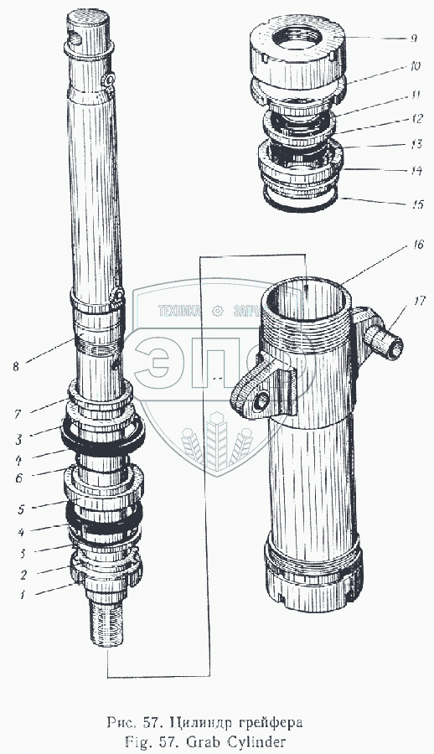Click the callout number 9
pyautogui.click(x=414, y=39)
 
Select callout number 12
pyautogui.click(x=416, y=118)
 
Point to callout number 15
pyautogui.click(x=417, y=204)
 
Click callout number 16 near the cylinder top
pyautogui.click(x=417, y=245)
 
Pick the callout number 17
pyautogui.click(x=419, y=302)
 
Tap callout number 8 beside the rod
pyautogui.click(x=16, y=366)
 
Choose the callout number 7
pyautogui.click(x=18, y=414)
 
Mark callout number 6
pyautogui.click(x=19, y=479)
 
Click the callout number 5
pyautogui.click(x=21, y=509)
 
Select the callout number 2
pyautogui.click(x=23, y=575)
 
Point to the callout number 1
pyautogui.click(x=22, y=595)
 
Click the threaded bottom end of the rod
pyautogui.click(x=106, y=624)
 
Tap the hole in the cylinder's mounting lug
pyautogui.click(x=259, y=400)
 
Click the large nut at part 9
pyautogui.click(x=297, y=52)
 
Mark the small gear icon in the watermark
pyautogui.click(x=217, y=311)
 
